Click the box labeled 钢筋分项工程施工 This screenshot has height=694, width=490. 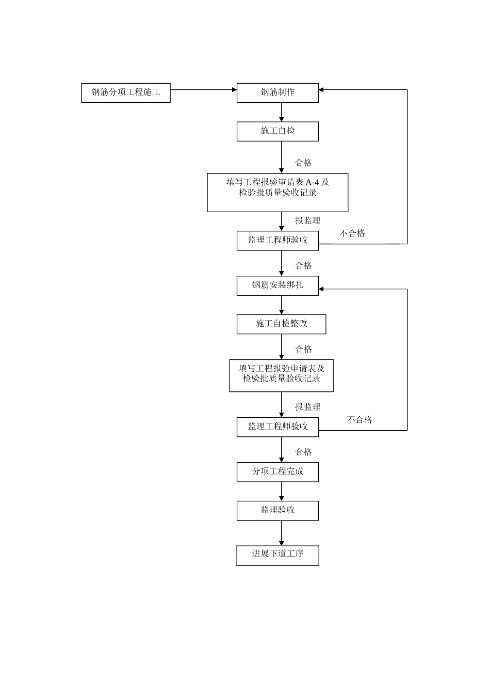(x=126, y=93)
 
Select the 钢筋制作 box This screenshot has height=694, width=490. (x=277, y=93)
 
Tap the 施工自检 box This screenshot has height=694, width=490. (x=277, y=131)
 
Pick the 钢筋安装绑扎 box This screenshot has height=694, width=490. (x=277, y=286)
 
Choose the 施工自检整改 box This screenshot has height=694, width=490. (x=281, y=324)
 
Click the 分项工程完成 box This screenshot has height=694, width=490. (x=277, y=472)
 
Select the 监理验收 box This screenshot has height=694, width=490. (x=277, y=511)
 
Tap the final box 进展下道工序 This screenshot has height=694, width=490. (x=277, y=555)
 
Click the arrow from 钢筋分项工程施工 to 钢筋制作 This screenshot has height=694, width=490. (x=203, y=90)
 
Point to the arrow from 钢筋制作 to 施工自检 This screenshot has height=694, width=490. (x=282, y=112)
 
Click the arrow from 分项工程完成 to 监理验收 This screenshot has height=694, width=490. (x=282, y=491)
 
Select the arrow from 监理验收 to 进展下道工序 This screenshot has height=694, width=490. (x=282, y=532)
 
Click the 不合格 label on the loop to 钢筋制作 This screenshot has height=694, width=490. (x=352, y=233)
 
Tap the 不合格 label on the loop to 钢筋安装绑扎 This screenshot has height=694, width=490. (x=360, y=420)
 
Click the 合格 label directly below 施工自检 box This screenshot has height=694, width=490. (x=303, y=163)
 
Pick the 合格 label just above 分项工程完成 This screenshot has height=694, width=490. (x=303, y=452)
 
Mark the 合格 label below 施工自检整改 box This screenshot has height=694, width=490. (x=303, y=349)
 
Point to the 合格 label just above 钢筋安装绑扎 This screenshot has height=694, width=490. (x=303, y=265)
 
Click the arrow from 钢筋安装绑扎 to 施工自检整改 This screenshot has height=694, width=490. (x=282, y=305)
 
